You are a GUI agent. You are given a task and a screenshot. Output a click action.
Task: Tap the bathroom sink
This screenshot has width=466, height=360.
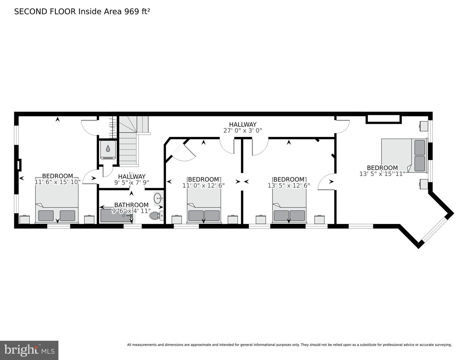158,198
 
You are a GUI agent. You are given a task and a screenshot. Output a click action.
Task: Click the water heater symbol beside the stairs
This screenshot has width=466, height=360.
108,149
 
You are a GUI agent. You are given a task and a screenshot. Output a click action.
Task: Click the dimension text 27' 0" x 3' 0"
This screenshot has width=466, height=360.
242,130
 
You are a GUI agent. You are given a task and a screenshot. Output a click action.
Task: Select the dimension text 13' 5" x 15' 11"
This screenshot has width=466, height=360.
382,174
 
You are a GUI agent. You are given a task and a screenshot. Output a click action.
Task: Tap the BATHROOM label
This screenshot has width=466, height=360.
131,205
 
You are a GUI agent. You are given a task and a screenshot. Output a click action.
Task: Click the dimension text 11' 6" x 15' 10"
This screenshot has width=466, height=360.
57,182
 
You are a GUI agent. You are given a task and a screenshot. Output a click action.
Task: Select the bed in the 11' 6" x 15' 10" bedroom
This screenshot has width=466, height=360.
57,204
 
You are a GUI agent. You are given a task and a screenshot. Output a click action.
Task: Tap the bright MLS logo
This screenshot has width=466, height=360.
29,350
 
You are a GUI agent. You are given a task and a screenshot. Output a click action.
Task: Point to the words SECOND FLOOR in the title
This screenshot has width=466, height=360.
45,12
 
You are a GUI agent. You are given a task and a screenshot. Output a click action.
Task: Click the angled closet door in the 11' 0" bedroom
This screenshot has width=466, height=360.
183,152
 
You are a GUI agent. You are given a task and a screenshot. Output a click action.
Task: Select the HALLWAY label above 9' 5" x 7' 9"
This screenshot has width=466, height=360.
131,176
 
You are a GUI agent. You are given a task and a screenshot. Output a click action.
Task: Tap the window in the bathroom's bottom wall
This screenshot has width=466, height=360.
133,226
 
